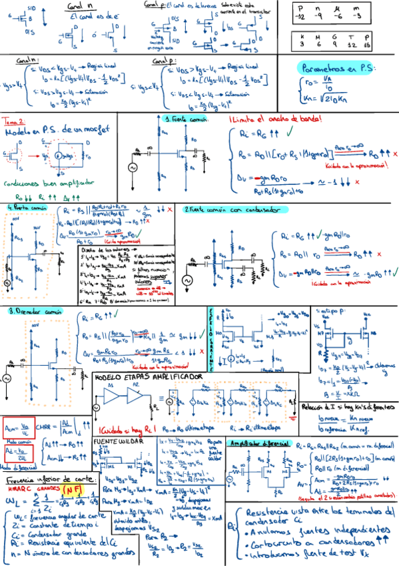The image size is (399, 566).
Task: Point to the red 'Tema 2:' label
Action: click(13, 121)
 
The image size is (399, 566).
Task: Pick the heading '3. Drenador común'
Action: click(30, 312)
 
